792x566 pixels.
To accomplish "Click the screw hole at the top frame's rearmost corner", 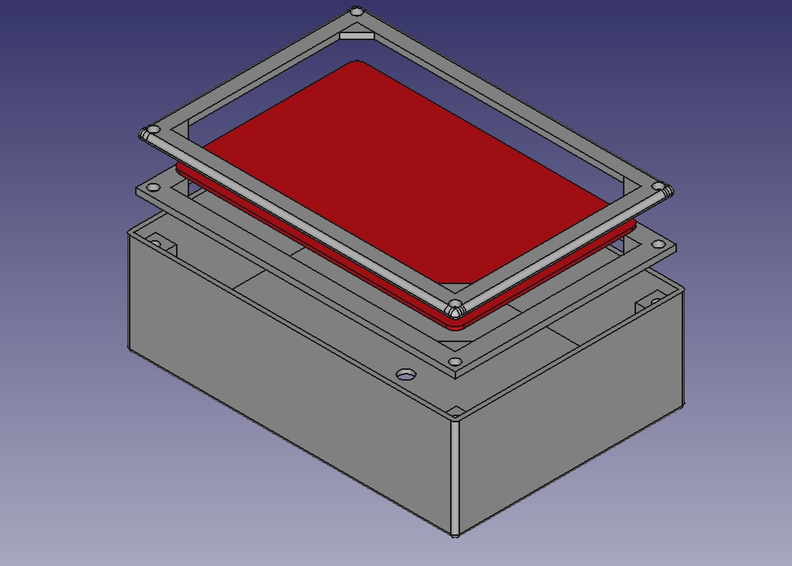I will tap(356, 12).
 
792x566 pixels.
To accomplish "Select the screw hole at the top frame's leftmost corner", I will tap(153, 130).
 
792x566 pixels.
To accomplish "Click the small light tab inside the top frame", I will tap(357, 34).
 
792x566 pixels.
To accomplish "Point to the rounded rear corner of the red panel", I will tap(357, 63).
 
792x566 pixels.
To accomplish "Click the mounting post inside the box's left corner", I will tap(161, 244).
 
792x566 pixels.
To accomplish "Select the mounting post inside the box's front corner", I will tap(455, 411).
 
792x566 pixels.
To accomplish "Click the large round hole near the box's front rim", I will tap(405, 375).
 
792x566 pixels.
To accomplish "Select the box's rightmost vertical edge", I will tap(683, 347).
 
